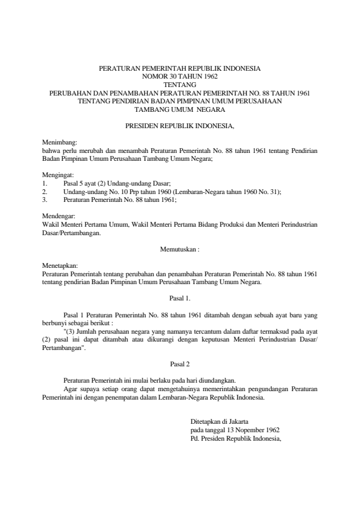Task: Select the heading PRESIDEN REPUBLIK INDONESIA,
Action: (x=180, y=128)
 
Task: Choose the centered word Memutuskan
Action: (x=178, y=248)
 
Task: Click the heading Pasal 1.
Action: (x=180, y=298)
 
